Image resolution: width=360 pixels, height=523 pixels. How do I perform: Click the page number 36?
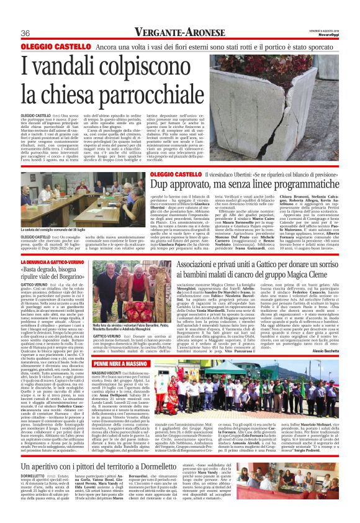tap(26, 34)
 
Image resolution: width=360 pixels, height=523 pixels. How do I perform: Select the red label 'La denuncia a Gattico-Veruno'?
tap(61, 264)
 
